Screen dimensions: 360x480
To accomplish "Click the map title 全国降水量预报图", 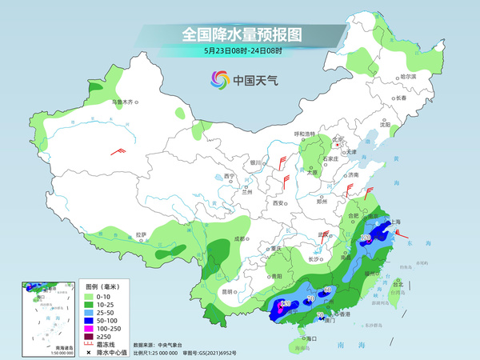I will (241, 34).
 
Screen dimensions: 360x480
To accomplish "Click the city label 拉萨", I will (141, 234).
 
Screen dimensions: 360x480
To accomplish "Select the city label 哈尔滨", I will (386, 76).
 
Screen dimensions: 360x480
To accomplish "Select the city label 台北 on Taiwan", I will (398, 282).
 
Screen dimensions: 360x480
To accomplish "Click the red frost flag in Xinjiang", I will (119, 150).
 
